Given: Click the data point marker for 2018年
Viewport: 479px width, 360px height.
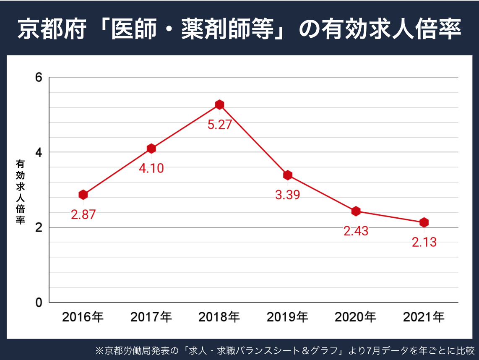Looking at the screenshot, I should pyautogui.click(x=219, y=104).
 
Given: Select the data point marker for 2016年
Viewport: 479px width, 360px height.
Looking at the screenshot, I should pyautogui.click(x=83, y=195).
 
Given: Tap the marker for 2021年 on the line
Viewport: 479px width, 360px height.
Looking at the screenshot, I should pyautogui.click(x=424, y=222).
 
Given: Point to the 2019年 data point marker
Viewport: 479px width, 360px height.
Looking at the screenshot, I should pyautogui.click(x=288, y=175).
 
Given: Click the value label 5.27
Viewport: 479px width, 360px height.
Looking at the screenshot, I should pyautogui.click(x=219, y=125).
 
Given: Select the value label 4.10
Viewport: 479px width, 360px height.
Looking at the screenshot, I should pyautogui.click(x=151, y=169).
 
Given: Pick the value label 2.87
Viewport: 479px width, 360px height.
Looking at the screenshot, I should pyautogui.click(x=83, y=215).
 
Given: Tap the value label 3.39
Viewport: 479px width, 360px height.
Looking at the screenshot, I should pyautogui.click(x=288, y=195).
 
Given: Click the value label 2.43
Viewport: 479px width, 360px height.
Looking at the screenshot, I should pyautogui.click(x=356, y=231).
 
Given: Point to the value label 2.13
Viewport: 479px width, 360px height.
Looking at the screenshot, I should pyautogui.click(x=424, y=242).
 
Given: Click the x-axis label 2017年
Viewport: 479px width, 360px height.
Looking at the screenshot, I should pyautogui.click(x=151, y=317).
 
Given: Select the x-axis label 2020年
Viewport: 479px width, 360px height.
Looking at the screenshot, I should pyautogui.click(x=356, y=317).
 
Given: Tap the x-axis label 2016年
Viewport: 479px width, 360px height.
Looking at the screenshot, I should pyautogui.click(x=83, y=317).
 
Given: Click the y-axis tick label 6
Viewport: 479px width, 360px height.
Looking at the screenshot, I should pyautogui.click(x=39, y=78).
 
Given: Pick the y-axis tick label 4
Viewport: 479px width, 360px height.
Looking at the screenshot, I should pyautogui.click(x=39, y=152).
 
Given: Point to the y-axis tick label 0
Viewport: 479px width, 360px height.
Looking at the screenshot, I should pyautogui.click(x=39, y=302).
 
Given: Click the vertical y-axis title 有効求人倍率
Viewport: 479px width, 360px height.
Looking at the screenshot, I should pyautogui.click(x=20, y=191).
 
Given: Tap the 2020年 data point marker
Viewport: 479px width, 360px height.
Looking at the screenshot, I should pyautogui.click(x=356, y=211).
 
